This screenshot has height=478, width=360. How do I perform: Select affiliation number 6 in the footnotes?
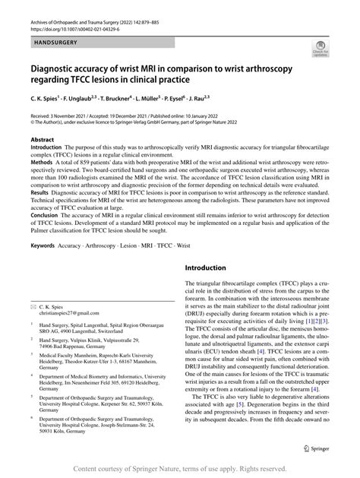click(x=32, y=419)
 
